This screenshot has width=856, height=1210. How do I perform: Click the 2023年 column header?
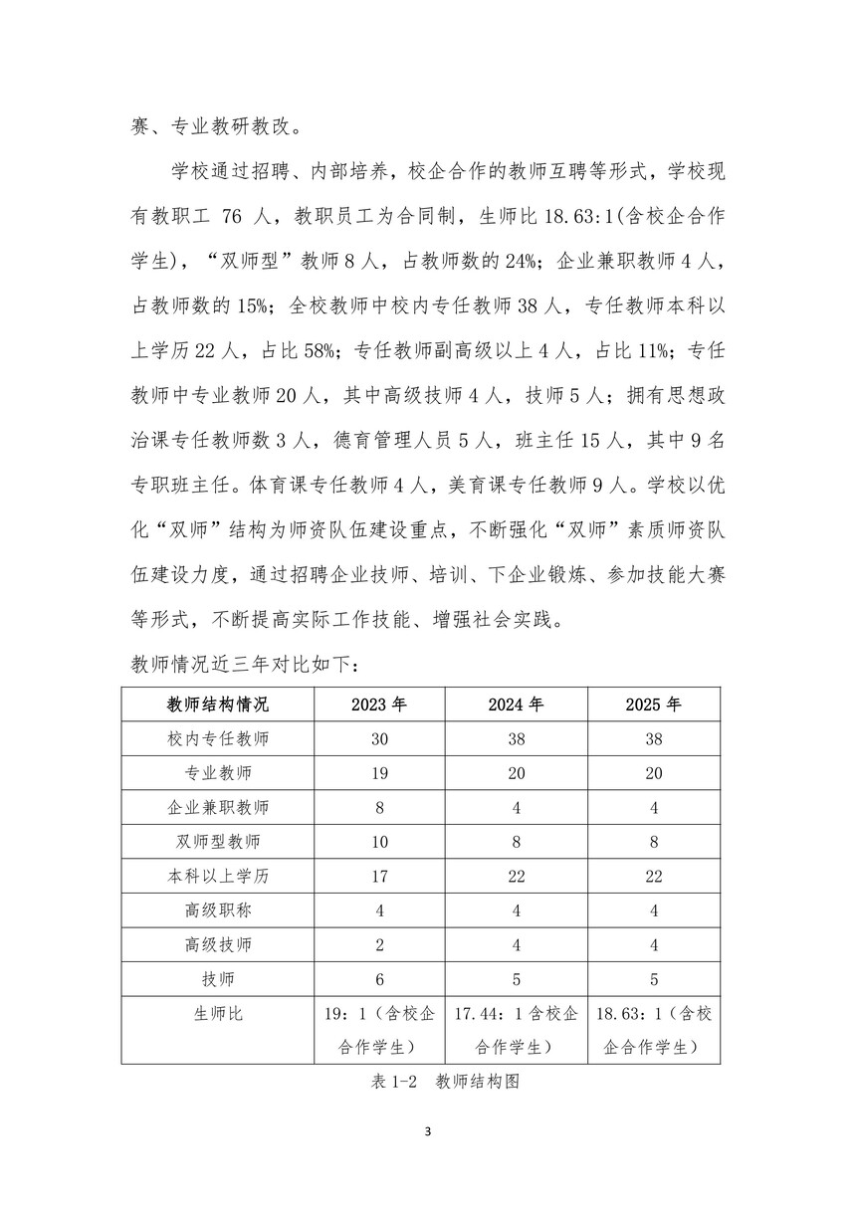[379, 705]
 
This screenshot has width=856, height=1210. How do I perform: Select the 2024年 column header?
[516, 705]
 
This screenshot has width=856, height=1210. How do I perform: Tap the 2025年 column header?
[653, 705]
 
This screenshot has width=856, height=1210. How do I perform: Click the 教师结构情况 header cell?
[218, 705]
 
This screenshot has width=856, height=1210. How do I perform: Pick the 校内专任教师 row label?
[218, 739]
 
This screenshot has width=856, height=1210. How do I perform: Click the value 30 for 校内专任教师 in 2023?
[379, 739]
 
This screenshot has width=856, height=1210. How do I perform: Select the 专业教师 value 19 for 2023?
[379, 773]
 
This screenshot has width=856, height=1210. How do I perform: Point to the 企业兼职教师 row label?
[218, 808]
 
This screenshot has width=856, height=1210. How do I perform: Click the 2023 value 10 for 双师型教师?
[379, 842]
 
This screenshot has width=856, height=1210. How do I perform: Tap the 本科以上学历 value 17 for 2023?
[379, 877]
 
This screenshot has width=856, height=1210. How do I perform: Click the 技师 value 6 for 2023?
[379, 979]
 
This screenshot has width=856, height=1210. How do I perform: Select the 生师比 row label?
[218, 1014]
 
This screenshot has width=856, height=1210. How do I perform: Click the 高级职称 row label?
[218, 910]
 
